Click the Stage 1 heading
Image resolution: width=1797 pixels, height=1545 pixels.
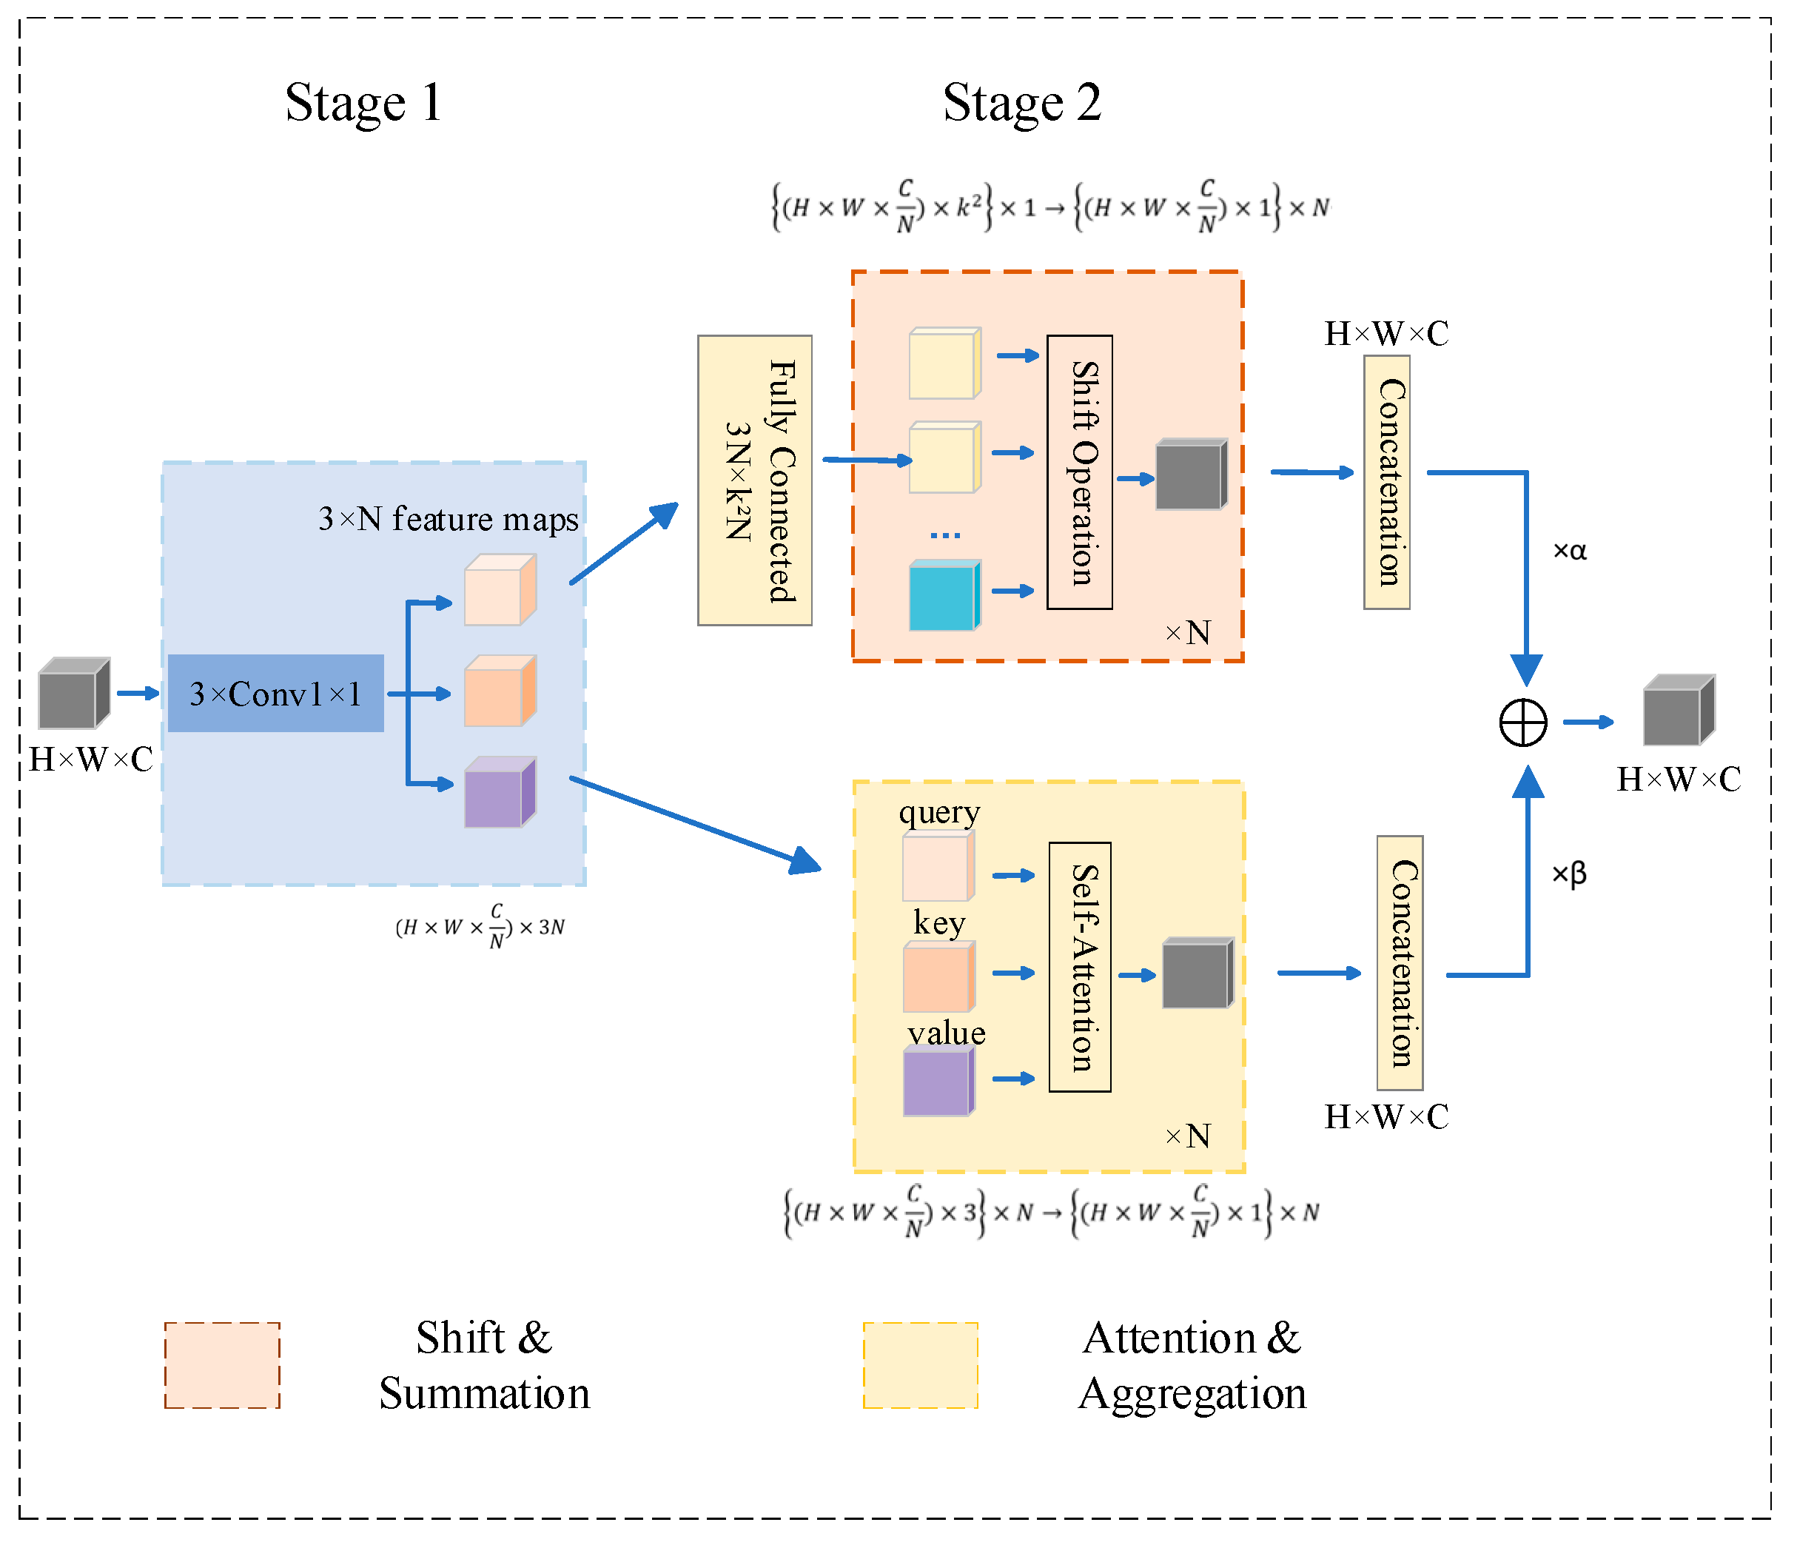tap(363, 103)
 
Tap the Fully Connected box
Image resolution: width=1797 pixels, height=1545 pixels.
tap(754, 480)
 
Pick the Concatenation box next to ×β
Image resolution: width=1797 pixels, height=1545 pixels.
tap(1399, 962)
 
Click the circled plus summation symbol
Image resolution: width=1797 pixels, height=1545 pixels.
tap(1523, 722)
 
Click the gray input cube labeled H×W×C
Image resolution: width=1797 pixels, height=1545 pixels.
tap(73, 694)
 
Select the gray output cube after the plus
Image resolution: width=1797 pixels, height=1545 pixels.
tap(1677, 711)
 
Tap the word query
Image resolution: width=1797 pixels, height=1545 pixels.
tap(938, 812)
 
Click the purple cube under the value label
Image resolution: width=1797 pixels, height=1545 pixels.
tap(938, 1082)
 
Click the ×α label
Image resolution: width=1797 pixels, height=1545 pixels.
tap(1569, 551)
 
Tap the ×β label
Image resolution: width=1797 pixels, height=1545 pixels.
tap(1568, 873)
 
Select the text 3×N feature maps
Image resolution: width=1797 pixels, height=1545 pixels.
tap(448, 519)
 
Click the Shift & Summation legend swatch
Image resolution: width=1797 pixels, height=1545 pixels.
tap(222, 1364)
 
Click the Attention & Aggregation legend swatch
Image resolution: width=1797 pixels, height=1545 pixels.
tap(920, 1364)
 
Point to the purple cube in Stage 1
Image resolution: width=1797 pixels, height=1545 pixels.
tap(499, 793)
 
